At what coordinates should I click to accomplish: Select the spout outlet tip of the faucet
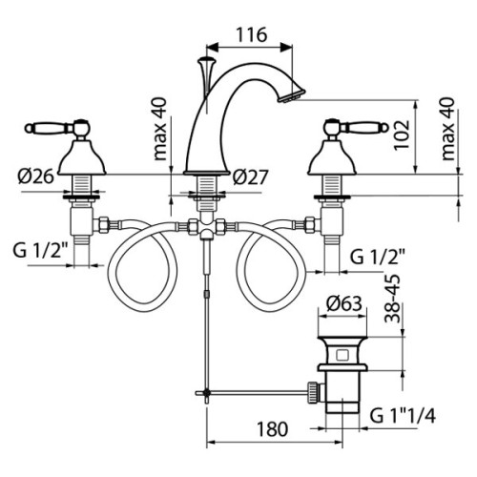pyautogui.click(x=289, y=95)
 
